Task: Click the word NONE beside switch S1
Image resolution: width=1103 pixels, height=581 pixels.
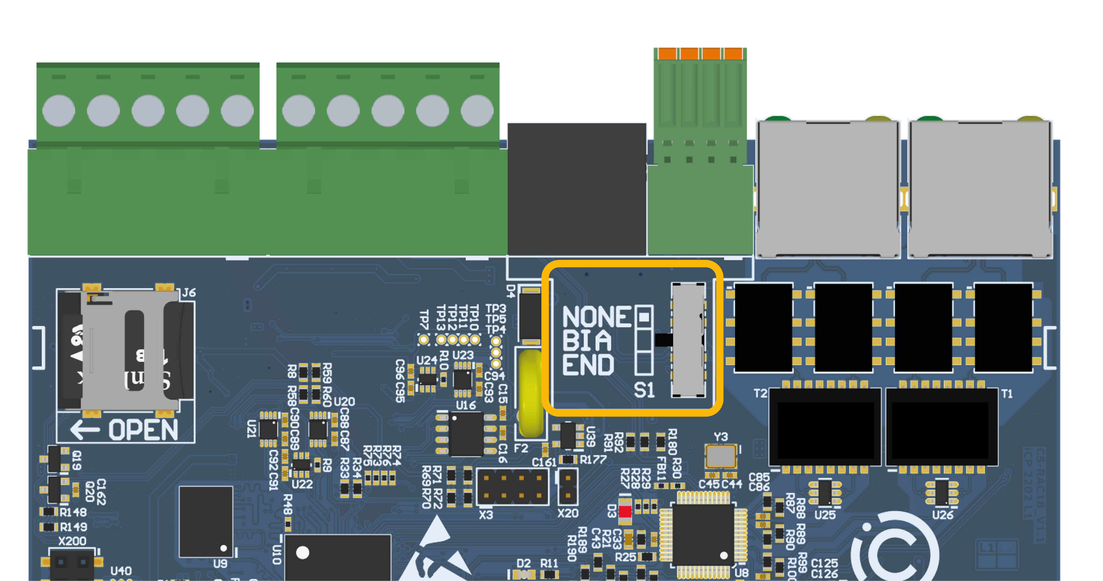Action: click(596, 317)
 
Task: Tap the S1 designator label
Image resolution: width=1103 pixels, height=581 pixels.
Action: click(644, 390)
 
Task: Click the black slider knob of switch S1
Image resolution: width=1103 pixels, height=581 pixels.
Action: click(664, 340)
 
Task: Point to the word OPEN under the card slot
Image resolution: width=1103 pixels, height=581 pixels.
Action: click(143, 430)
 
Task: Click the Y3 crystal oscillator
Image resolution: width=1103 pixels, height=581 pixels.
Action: click(721, 456)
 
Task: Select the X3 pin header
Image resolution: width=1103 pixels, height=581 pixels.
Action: click(513, 487)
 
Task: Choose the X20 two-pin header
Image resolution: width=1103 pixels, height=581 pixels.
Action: click(568, 486)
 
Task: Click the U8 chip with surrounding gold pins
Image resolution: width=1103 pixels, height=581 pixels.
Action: click(703, 534)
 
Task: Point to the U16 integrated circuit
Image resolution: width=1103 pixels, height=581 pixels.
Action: click(466, 434)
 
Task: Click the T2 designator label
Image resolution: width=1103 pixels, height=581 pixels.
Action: click(760, 393)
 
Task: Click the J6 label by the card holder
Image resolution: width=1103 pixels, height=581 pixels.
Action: click(189, 293)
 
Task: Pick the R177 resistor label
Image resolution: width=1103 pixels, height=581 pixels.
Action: click(593, 460)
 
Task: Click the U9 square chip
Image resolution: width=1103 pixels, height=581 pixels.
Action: click(206, 522)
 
